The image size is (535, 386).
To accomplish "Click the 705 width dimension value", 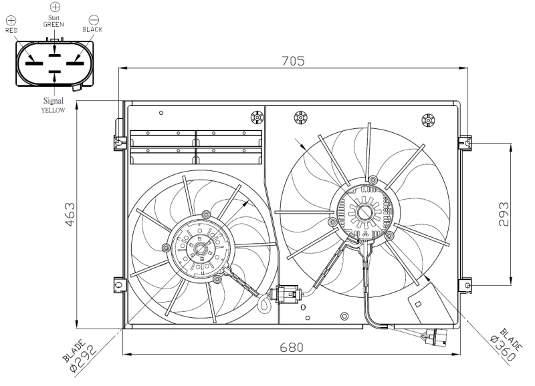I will tap(293, 60).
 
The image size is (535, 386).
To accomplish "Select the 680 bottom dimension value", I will tap(292, 347).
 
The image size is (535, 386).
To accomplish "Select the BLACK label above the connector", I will tap(93, 29).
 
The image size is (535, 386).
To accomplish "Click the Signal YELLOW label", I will tap(53, 106).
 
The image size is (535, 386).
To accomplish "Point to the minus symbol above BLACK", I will tap(94, 20).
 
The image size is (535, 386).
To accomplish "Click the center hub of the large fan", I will tap(366, 213).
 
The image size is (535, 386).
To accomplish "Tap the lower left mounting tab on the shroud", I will tap(118, 285).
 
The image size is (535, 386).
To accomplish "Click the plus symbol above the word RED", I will tap(10, 20).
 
